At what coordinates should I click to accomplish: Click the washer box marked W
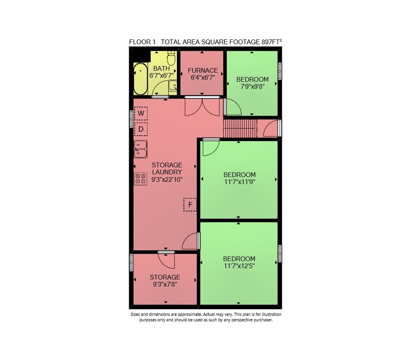[141, 113]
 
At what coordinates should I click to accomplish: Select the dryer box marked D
[141, 129]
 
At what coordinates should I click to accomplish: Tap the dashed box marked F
[190, 205]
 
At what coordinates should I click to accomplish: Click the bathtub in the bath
[140, 79]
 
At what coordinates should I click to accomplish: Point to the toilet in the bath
[171, 58]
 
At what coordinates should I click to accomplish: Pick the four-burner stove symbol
[140, 179]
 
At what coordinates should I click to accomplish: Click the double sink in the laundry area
[140, 149]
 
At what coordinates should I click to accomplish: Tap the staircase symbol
[240, 128]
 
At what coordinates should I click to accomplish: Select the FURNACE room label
[203, 71]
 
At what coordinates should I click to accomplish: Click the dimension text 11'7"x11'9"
[240, 182]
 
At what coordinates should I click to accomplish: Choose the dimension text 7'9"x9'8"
[252, 87]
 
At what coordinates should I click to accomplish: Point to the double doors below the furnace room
[202, 106]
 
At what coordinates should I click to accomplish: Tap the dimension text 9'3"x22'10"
[167, 179]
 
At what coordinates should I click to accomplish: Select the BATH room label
[162, 68]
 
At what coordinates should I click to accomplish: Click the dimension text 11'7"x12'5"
[239, 266]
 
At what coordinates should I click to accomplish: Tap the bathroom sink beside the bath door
[173, 85]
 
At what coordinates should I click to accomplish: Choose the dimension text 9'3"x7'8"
[165, 284]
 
